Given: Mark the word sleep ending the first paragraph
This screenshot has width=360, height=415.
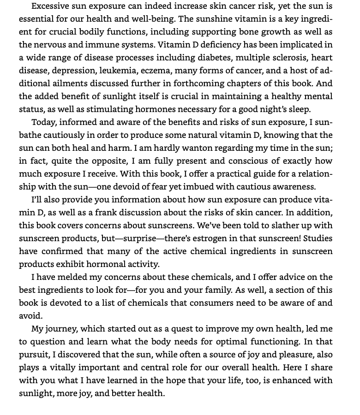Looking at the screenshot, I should [299, 110].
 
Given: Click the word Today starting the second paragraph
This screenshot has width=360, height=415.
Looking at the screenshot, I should [43, 123].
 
